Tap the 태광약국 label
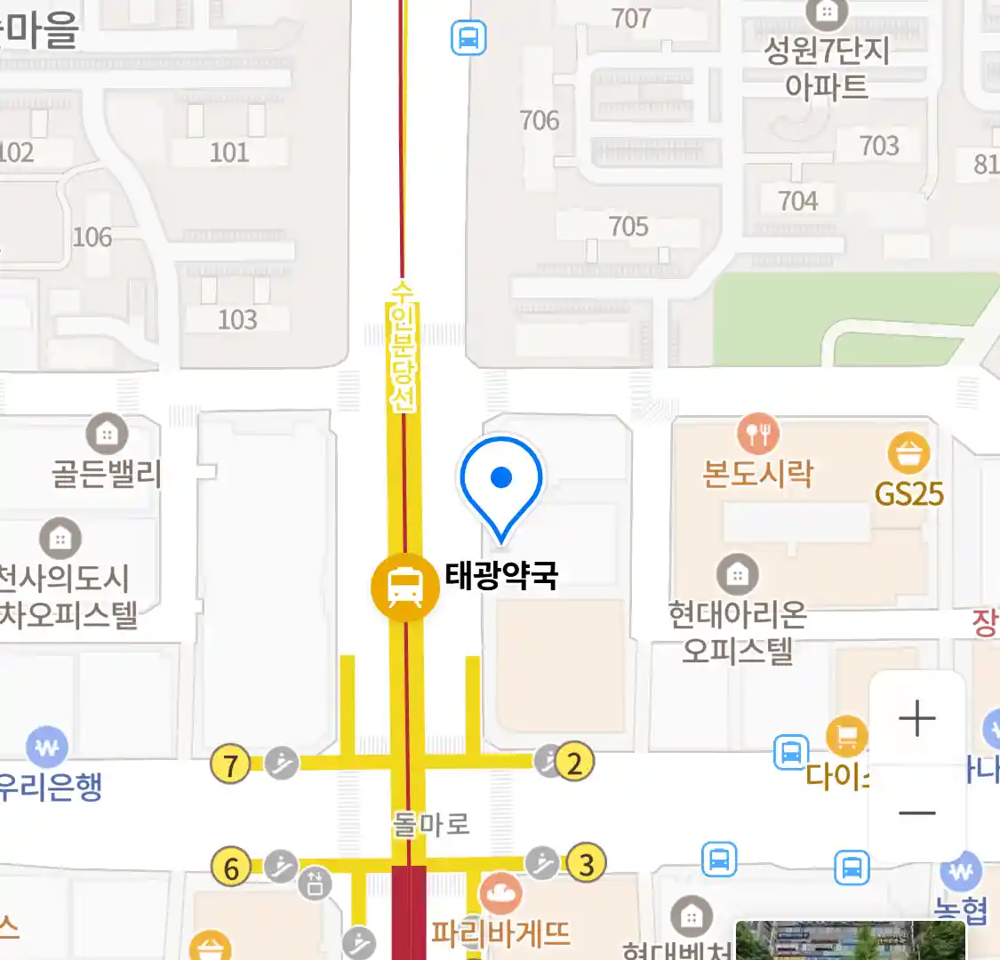click(x=501, y=575)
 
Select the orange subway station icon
click(x=405, y=586)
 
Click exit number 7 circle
click(x=230, y=764)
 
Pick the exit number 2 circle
click(x=574, y=763)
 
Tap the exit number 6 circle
click(x=231, y=867)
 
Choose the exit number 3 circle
click(x=586, y=863)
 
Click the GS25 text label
click(x=909, y=493)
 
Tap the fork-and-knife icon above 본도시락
click(x=757, y=434)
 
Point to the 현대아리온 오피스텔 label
click(x=737, y=632)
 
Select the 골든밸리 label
click(x=107, y=473)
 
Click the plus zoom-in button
click(x=916, y=718)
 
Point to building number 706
click(x=540, y=120)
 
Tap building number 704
click(x=797, y=201)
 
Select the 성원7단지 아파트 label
click(x=827, y=68)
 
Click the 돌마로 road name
click(x=430, y=824)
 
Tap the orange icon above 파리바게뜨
click(x=500, y=893)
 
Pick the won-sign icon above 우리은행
click(x=47, y=748)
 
